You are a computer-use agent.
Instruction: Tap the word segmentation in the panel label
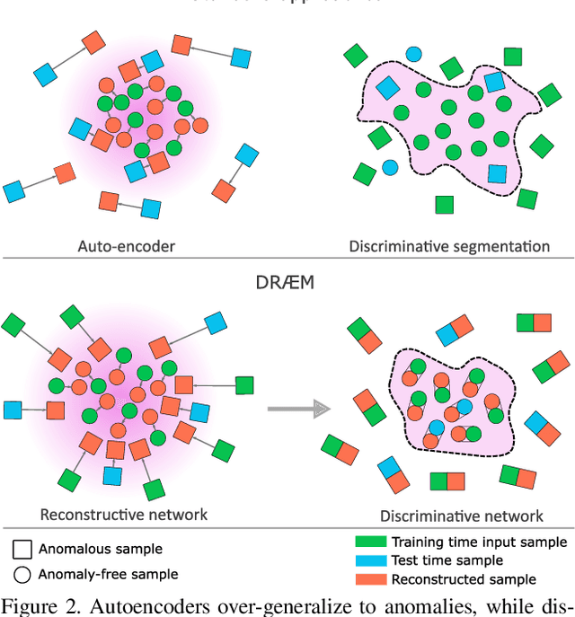click(x=506, y=245)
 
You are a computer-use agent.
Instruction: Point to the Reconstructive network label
click(x=124, y=515)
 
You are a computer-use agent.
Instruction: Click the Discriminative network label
click(x=462, y=516)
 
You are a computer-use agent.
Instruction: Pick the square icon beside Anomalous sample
click(x=22, y=549)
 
